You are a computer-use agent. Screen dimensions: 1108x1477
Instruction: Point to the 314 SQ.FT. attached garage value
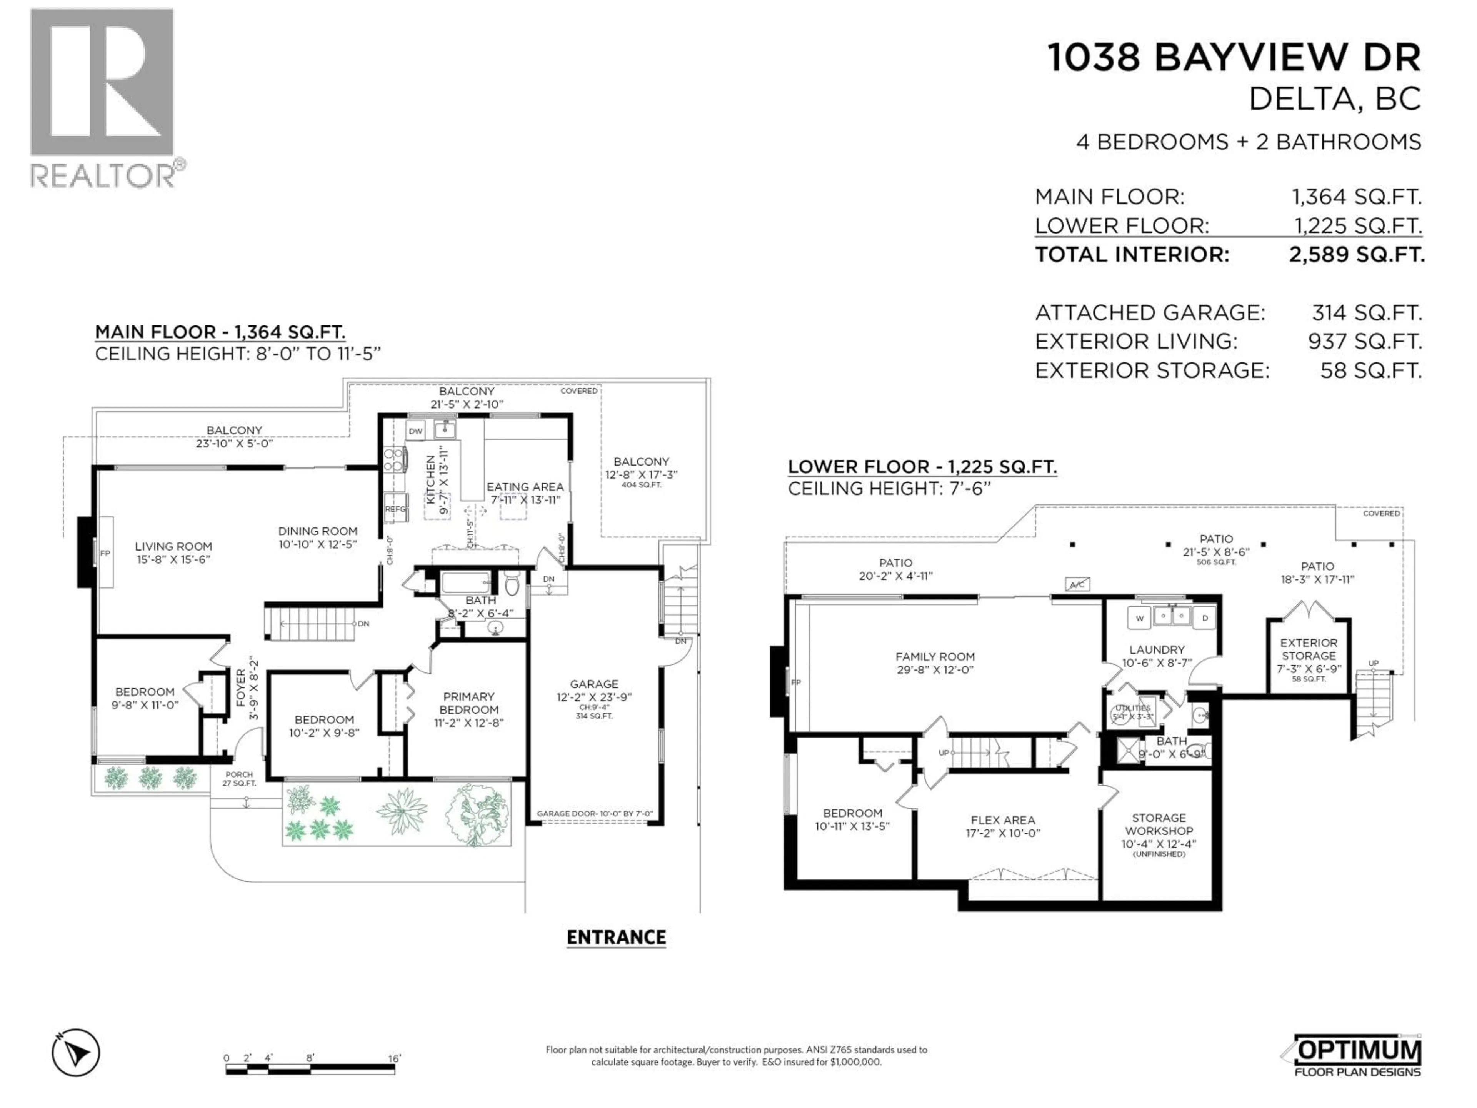click(x=1366, y=312)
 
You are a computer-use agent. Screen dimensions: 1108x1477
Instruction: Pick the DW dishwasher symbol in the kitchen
click(x=415, y=431)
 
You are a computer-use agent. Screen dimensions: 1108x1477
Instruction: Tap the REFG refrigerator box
click(x=395, y=509)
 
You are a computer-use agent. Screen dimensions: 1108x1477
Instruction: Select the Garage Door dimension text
click(x=594, y=813)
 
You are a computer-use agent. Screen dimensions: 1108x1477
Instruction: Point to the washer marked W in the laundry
click(x=1139, y=618)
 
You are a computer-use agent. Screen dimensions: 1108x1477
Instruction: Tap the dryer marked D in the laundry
click(x=1205, y=618)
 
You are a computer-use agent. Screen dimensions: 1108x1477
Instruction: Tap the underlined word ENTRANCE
click(x=616, y=938)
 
